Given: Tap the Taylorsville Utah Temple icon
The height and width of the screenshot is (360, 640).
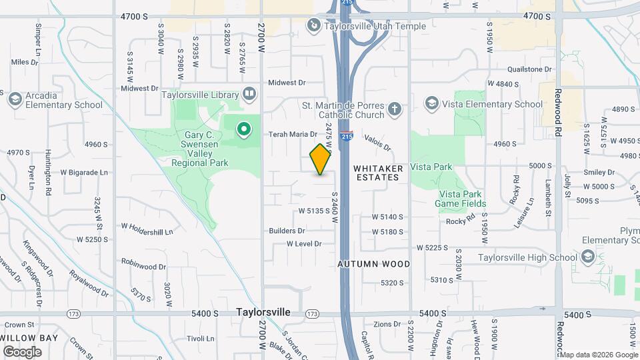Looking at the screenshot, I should point(313,25).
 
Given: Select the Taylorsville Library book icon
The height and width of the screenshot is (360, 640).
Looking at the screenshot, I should point(249,94).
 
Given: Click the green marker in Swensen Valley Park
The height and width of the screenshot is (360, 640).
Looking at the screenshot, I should point(245,128).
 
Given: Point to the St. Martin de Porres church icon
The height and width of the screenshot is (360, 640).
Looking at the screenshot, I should point(395,109).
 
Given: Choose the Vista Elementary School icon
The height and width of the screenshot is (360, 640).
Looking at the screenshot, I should point(431,103).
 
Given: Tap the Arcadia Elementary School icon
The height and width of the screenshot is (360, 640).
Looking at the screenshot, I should point(15,99).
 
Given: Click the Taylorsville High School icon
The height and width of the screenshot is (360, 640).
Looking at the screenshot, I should point(587,257).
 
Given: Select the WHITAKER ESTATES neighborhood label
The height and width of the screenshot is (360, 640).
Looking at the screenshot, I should point(377,172).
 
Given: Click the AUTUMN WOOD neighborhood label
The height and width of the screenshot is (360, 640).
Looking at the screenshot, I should point(374,264).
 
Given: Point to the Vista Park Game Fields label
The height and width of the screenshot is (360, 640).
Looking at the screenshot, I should point(461,199).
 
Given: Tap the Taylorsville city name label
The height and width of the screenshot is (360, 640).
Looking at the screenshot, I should point(264,312).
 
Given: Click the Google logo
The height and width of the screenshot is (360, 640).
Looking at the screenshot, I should point(22,351).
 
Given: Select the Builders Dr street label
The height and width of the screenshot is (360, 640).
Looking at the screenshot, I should point(287,231).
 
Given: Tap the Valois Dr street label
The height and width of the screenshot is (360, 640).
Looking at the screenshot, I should point(377,141).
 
